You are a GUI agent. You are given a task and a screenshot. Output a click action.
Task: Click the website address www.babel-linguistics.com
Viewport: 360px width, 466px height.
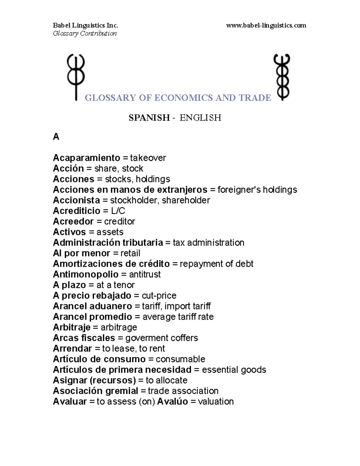[x=266, y=26]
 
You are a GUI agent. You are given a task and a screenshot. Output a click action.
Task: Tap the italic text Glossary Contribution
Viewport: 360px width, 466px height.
[x=85, y=33]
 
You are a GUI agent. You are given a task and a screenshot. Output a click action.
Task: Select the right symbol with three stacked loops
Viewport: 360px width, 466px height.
[x=282, y=77]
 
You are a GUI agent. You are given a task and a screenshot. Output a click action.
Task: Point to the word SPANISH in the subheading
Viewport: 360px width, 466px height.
[x=149, y=118]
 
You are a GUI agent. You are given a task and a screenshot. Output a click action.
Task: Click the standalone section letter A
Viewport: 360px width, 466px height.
[x=56, y=137]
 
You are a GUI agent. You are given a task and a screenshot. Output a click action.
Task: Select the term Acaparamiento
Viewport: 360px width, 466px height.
[x=86, y=158]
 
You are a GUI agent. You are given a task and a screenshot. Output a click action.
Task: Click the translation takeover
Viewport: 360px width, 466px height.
[x=148, y=158]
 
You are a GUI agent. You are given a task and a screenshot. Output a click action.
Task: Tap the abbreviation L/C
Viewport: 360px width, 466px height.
[x=118, y=211]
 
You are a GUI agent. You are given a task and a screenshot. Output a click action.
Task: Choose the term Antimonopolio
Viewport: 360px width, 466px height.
[x=85, y=274]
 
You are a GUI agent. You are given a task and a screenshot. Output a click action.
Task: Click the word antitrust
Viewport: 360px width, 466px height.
[x=145, y=274]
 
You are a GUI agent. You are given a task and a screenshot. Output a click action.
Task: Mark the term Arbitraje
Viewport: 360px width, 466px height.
[x=71, y=327]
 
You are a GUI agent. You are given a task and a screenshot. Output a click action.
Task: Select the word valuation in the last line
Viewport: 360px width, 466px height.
[x=216, y=401]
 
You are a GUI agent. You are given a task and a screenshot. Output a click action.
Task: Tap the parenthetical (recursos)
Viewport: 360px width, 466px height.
[x=113, y=380]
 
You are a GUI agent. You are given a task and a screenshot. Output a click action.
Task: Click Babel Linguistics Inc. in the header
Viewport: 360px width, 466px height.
[x=85, y=26]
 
